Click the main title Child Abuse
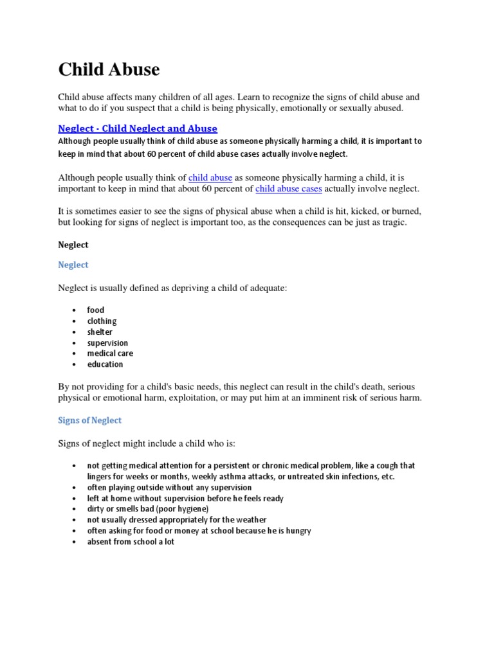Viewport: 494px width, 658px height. tap(109, 69)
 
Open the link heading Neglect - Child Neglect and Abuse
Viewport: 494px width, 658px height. tap(138, 129)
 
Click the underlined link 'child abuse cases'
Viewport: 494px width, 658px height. tap(289, 188)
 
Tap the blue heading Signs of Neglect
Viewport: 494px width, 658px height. tap(89, 420)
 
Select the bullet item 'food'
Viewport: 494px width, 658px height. tap(96, 310)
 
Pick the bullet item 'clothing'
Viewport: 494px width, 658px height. tap(102, 321)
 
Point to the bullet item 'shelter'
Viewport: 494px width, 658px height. tap(100, 332)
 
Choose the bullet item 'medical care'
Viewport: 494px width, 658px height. tap(110, 353)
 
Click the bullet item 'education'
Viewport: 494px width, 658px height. tap(105, 364)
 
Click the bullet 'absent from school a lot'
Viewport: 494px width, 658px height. tap(131, 542)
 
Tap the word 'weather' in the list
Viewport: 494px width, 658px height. tap(250, 520)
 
